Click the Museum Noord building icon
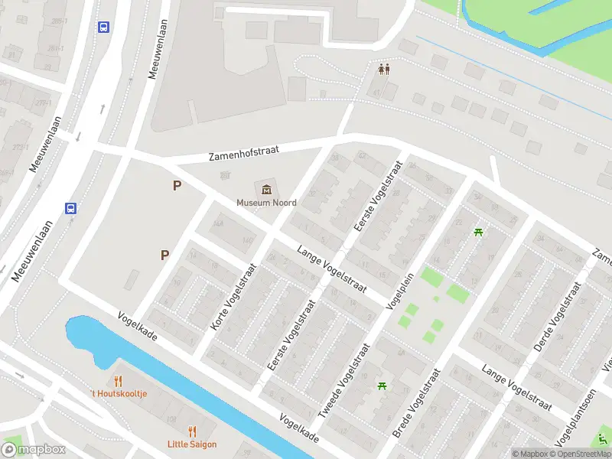pyautogui.click(x=266, y=189)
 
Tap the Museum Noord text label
pyautogui.click(x=266, y=203)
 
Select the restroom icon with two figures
pyautogui.click(x=385, y=69)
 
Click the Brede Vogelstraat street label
pyautogui.click(x=416, y=404)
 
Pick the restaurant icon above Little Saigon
pyautogui.click(x=192, y=431)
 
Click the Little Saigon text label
pyautogui.click(x=192, y=444)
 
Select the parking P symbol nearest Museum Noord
pyautogui.click(x=177, y=185)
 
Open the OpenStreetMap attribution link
pyautogui.click(x=578, y=454)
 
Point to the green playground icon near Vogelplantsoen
pyautogui.click(x=603, y=440)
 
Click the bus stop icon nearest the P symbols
pyautogui.click(x=71, y=208)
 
